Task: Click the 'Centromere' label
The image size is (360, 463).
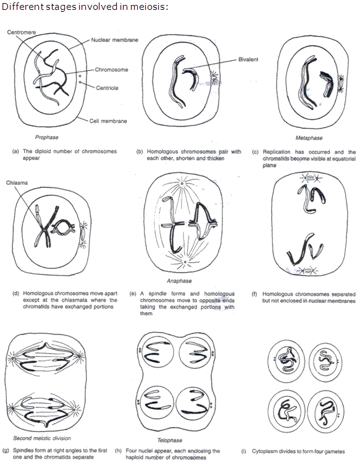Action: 21,31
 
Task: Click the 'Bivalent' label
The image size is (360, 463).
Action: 249,61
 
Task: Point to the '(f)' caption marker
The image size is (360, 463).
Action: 254,294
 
